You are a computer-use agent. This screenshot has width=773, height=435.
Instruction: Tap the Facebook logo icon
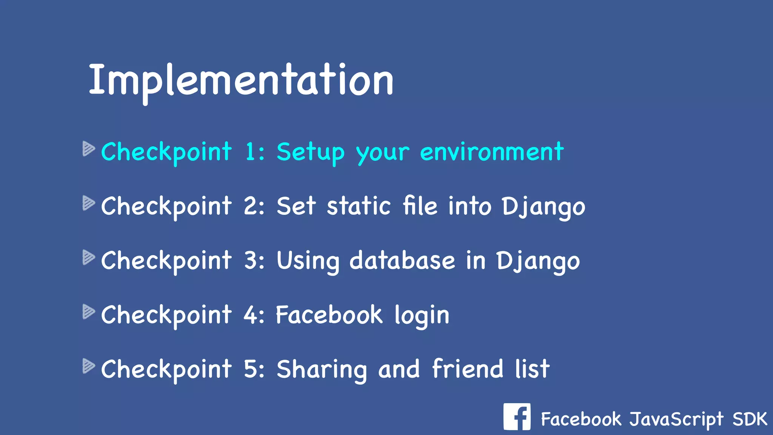point(517,417)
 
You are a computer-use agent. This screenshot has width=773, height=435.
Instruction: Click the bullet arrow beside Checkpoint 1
point(88,149)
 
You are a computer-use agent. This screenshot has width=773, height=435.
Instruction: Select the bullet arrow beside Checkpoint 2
point(88,203)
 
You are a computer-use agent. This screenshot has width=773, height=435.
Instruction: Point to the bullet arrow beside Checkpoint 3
point(88,258)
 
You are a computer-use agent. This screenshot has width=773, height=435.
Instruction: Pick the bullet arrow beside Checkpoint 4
point(88,312)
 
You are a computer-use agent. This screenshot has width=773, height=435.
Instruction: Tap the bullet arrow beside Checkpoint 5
point(88,366)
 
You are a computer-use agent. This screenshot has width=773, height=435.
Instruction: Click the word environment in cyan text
point(491,152)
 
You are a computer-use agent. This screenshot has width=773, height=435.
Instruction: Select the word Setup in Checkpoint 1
point(310,153)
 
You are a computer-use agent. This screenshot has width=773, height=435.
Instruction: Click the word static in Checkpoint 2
point(359,207)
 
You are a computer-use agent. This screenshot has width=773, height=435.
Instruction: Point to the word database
point(402,261)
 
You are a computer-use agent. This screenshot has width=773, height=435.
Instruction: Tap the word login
point(422,316)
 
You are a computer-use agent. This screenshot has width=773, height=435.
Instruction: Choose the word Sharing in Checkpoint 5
point(322,370)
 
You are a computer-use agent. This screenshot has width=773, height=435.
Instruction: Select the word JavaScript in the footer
point(676,420)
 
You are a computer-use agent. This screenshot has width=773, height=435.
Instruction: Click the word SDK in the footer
point(750,419)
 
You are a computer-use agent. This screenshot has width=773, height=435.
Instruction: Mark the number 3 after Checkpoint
point(251,261)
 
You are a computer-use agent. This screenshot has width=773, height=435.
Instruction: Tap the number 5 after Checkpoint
point(251,369)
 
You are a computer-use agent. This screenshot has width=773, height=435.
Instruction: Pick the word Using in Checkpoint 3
point(308,261)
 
